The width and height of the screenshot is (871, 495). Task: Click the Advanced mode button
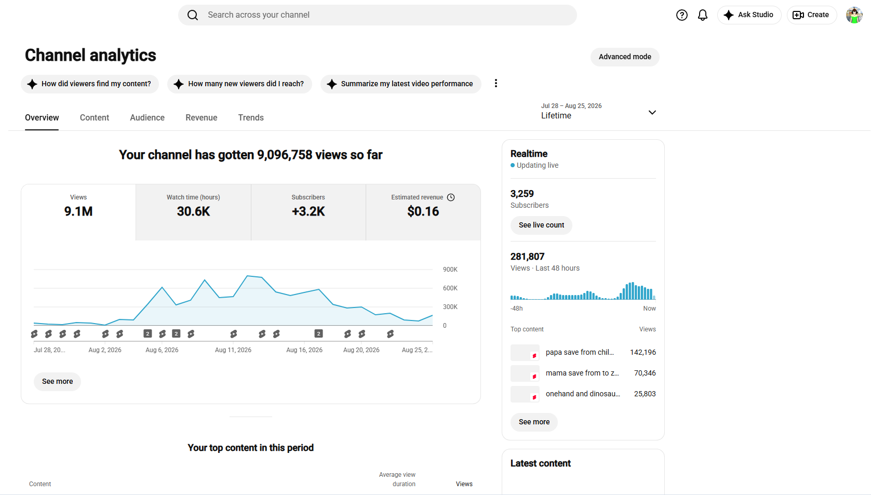pyautogui.click(x=624, y=57)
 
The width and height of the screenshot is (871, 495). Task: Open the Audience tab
pyautogui.click(x=147, y=117)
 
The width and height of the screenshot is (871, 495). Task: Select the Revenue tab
pyautogui.click(x=201, y=117)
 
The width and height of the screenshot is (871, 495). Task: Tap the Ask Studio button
pyautogui.click(x=749, y=15)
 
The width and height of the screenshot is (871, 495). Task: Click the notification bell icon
pyautogui.click(x=702, y=15)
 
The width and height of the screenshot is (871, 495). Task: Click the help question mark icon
pyautogui.click(x=681, y=15)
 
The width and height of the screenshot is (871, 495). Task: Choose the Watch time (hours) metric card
pyautogui.click(x=193, y=212)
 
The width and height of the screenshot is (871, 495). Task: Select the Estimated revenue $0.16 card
pyautogui.click(x=423, y=212)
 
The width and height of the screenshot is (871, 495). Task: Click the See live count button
pyautogui.click(x=541, y=225)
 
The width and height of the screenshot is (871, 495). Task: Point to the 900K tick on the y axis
pyautogui.click(x=450, y=270)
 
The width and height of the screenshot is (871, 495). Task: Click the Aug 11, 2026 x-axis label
pyautogui.click(x=233, y=350)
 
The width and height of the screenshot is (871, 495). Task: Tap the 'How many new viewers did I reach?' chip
pyautogui.click(x=239, y=84)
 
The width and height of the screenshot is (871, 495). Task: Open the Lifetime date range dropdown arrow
pyautogui.click(x=652, y=112)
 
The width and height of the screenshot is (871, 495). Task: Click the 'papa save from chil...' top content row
pyautogui.click(x=583, y=352)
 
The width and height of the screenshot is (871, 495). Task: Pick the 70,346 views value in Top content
pyautogui.click(x=645, y=373)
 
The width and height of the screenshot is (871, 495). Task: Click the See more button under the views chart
pyautogui.click(x=57, y=381)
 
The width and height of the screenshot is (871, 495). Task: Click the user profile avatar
pyautogui.click(x=854, y=15)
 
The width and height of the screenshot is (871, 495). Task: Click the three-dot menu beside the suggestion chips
pyautogui.click(x=495, y=84)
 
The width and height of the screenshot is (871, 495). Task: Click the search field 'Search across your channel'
pyautogui.click(x=377, y=15)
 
